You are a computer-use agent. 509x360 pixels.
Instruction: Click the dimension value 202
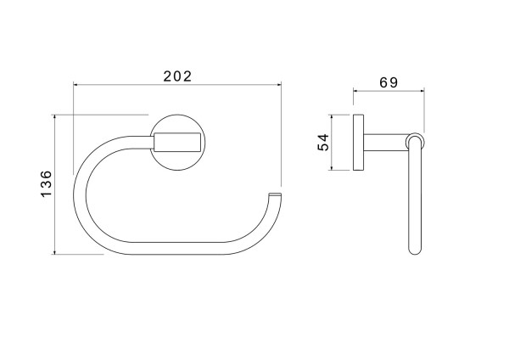pos(177,76)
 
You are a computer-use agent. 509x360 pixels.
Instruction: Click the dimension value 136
pos(46,183)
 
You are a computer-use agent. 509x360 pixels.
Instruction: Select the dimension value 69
pos(389,82)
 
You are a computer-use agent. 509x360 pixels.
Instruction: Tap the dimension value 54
pos(323,143)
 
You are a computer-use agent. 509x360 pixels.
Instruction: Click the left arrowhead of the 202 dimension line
pos(76,85)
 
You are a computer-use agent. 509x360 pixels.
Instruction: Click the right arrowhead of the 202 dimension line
pos(279,85)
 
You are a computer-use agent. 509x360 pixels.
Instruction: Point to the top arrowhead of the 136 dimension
pos(54,117)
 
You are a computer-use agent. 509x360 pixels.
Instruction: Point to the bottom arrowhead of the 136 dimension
pos(54,252)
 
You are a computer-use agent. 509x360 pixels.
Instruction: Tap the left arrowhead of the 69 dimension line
pos(355,91)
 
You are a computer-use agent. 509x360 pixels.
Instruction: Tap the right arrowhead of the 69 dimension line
pos(422,91)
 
